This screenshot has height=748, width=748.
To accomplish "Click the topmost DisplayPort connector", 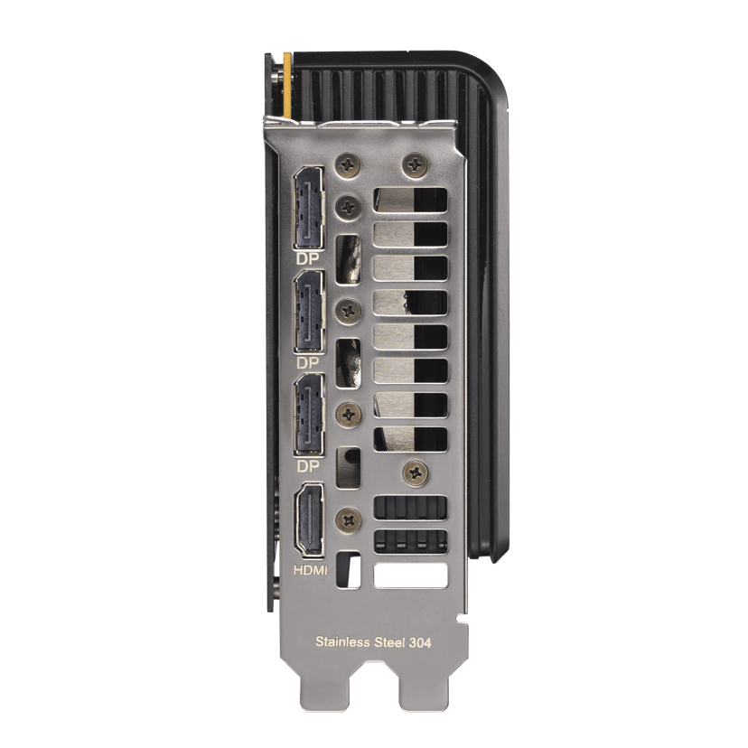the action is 309,209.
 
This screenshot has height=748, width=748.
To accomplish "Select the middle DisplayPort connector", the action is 309,312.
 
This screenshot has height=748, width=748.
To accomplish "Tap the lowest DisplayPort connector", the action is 309,415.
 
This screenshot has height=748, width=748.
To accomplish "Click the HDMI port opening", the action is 310,520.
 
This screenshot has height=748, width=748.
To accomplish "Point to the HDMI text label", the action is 311,570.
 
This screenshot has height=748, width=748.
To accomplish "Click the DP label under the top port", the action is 308,259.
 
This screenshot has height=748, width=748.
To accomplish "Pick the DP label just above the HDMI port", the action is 308,466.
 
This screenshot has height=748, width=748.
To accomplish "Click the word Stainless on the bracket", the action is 342,641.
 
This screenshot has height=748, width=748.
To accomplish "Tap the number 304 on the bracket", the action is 420,642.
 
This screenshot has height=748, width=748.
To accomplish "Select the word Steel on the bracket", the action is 389,642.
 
